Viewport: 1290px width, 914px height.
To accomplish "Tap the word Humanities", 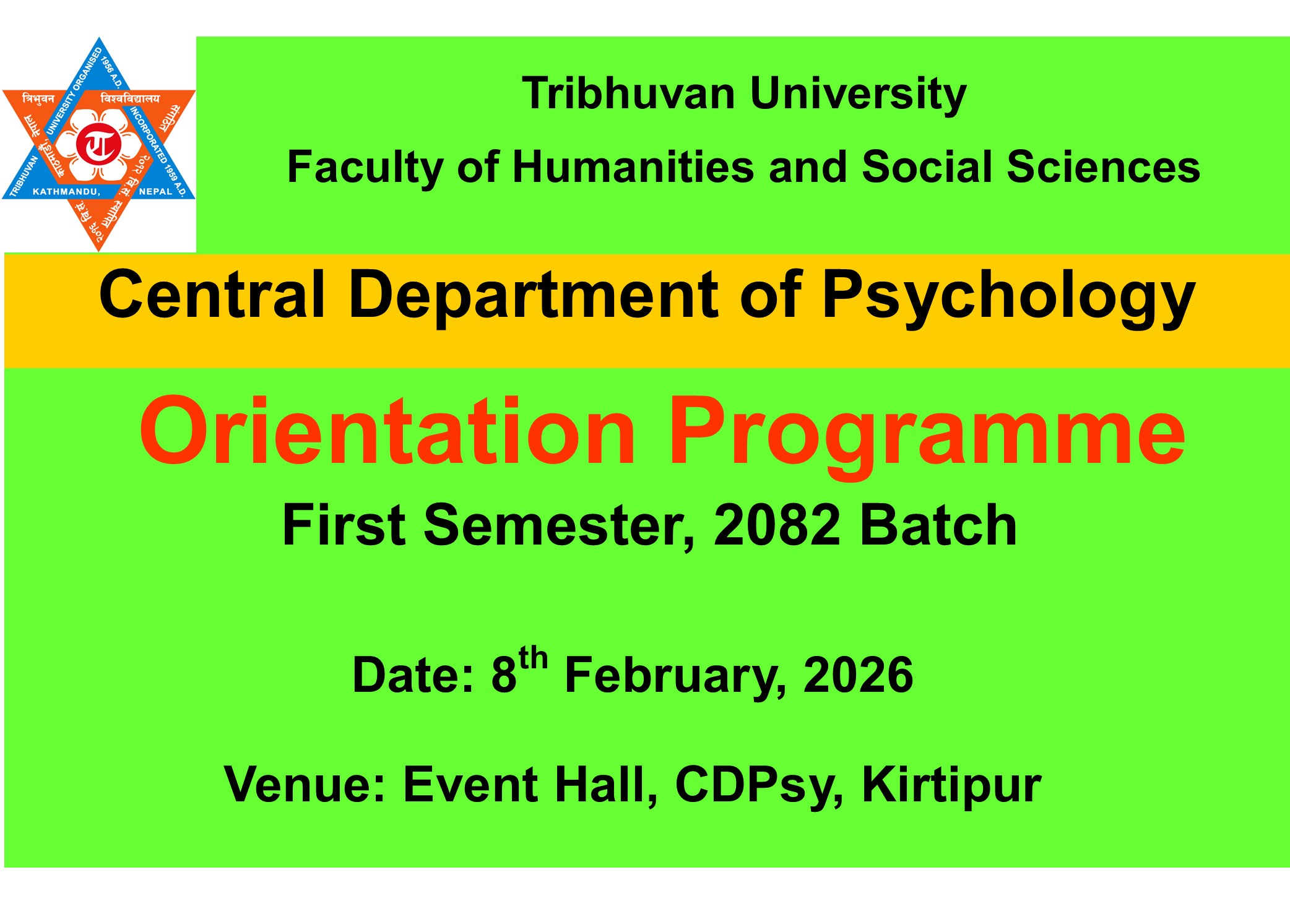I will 633,167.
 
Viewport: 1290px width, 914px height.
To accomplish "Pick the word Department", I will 533,296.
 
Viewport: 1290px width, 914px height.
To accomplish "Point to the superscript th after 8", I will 533,658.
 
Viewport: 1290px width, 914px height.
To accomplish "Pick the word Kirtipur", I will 951,785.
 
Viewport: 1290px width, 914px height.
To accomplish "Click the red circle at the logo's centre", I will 99,144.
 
